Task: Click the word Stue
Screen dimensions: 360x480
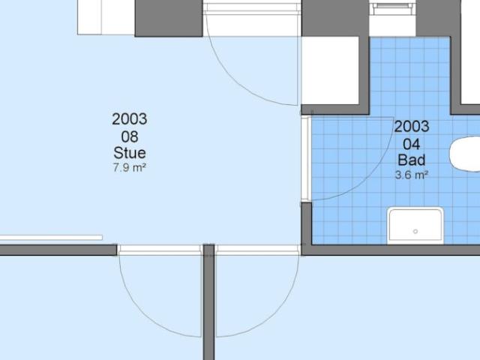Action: [129, 153]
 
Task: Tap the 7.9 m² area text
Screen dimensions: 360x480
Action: [129, 168]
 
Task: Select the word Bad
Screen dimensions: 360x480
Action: [411, 160]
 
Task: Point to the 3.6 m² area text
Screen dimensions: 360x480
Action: [411, 175]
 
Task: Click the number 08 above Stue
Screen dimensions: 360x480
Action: [129, 136]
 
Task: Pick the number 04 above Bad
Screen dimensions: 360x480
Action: [411, 143]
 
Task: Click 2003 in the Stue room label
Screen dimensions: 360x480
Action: [129, 119]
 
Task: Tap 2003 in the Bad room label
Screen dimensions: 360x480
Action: [411, 127]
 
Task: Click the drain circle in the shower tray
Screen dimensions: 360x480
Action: [415, 232]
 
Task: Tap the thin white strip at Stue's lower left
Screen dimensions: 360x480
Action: [51, 238]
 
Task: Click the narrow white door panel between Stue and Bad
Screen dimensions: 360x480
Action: [305, 158]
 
